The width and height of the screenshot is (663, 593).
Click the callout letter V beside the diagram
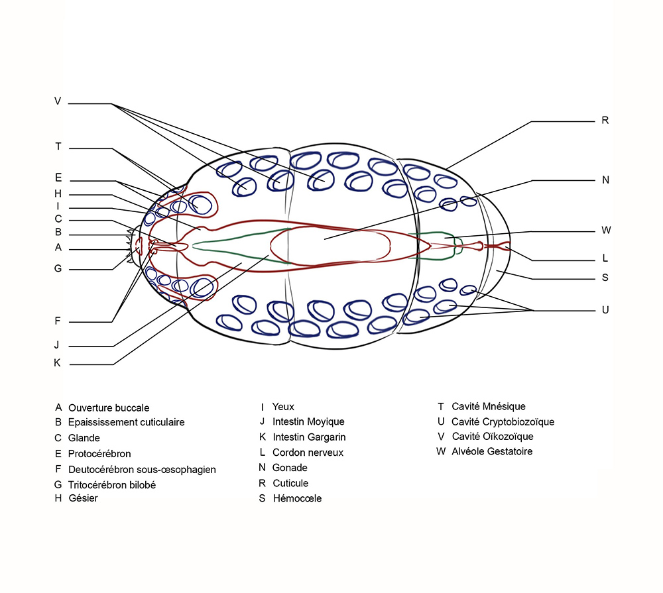pyautogui.click(x=58, y=101)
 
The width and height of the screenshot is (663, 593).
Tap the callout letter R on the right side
pyautogui.click(x=605, y=121)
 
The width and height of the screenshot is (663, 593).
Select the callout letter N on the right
pyautogui.click(x=605, y=180)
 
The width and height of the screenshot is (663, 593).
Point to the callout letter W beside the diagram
pyautogui.click(x=606, y=231)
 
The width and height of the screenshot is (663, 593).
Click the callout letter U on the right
pyautogui.click(x=605, y=310)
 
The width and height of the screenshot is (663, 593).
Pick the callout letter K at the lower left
pyautogui.click(x=57, y=362)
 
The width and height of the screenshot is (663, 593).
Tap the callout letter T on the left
pyautogui.click(x=58, y=146)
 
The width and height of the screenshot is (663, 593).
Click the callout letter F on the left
pyautogui.click(x=58, y=321)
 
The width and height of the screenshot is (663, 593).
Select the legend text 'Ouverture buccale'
pyautogui.click(x=109, y=408)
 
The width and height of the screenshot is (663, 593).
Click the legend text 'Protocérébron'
pyautogui.click(x=99, y=453)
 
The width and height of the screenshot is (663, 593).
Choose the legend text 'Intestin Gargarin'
pyautogui.click(x=309, y=437)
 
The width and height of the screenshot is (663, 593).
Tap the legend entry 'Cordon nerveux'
pyautogui.click(x=308, y=453)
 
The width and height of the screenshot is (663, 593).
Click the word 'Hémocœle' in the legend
pyautogui.click(x=297, y=498)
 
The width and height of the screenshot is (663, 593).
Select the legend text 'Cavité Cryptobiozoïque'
pyautogui.click(x=503, y=422)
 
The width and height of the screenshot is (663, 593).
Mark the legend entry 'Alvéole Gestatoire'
pyautogui.click(x=492, y=451)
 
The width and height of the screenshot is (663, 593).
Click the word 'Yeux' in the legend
pyautogui.click(x=283, y=407)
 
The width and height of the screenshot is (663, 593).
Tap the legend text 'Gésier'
pyautogui.click(x=83, y=498)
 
